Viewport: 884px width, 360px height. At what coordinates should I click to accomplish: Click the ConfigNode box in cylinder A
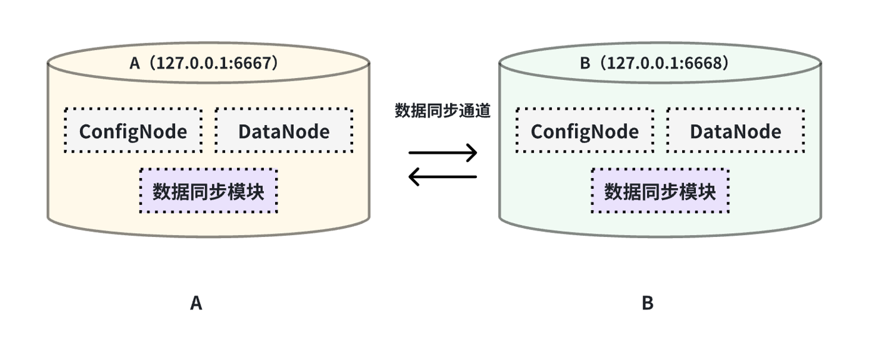coord(133,131)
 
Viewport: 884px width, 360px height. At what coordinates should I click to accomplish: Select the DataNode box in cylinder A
coord(284,131)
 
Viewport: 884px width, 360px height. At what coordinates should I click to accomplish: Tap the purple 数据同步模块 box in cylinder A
coord(208,191)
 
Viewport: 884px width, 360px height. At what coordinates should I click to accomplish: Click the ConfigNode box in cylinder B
coord(585,131)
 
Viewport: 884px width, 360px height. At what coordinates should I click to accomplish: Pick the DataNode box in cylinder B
coord(735,131)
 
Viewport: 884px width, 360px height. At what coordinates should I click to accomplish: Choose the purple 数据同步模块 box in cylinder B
coord(660,191)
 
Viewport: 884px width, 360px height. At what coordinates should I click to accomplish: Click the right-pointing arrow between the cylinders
coord(443,152)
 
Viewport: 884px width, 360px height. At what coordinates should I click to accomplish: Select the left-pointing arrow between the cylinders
coord(443,177)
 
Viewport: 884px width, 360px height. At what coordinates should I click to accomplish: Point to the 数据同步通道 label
coord(443,111)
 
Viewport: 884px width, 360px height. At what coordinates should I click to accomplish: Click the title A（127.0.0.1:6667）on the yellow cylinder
coord(204,63)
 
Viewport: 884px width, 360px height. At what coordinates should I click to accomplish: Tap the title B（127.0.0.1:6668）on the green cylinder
coord(655,63)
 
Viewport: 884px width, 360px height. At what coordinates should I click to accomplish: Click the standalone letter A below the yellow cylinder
coord(196,304)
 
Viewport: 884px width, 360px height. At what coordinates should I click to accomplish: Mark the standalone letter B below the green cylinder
coord(648,304)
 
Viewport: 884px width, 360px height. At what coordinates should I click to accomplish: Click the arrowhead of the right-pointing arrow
coord(473,152)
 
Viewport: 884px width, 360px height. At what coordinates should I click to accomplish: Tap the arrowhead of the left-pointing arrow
coord(413,177)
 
